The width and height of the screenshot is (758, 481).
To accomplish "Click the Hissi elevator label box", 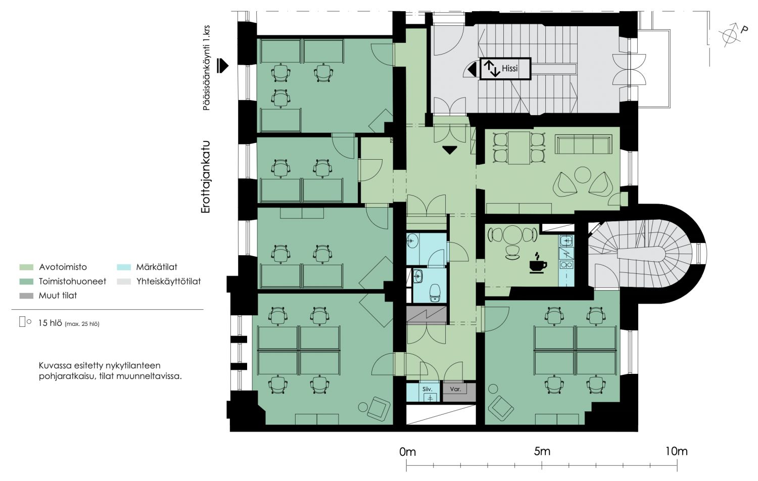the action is pos(505,69).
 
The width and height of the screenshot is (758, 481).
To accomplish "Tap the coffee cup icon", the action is pos(538,263).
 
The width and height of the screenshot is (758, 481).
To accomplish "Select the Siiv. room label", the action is pos(428,390).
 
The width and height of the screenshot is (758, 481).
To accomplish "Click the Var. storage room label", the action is pos(455,389).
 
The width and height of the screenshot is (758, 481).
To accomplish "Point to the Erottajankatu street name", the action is pos(206,177).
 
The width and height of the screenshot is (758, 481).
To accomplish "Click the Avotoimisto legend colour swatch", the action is pos(26,267).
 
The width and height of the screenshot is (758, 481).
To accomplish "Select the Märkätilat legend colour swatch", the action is pos(123,267).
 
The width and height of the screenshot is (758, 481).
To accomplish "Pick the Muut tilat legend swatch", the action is pos(26,296).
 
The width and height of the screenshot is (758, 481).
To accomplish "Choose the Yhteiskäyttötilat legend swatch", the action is pos(123,281).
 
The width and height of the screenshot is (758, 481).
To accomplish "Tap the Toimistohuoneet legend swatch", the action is pos(26,281).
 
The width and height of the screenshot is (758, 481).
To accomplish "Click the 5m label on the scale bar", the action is pos(542,452).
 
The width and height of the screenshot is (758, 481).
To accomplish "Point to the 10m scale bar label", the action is pos(677,452).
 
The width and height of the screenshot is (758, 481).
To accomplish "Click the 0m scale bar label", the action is pos(407,452).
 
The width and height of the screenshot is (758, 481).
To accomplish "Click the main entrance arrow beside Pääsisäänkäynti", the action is pos(223,66).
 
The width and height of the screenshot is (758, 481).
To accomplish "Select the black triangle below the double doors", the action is pos(450,150).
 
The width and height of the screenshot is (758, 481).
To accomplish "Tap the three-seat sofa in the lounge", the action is pos(584,145).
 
